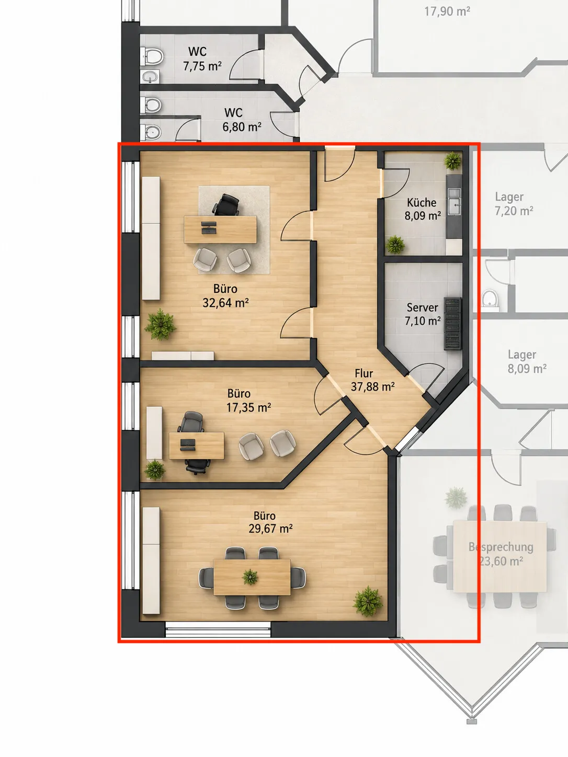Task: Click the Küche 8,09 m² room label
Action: tap(423, 209)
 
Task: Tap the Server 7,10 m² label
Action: tap(423, 314)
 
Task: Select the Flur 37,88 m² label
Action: tap(372, 380)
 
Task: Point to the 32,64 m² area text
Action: tap(225, 303)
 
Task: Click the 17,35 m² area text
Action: tap(248, 407)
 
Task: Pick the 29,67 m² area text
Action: tap(270, 529)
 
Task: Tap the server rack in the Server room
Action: tap(452, 323)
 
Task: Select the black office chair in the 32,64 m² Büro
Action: tap(226, 205)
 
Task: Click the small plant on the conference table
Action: tap(250, 577)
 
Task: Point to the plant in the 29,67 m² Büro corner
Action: tap(368, 601)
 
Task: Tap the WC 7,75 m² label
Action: tap(202, 59)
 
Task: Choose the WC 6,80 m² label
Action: tap(242, 120)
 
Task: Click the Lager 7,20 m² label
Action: tap(514, 204)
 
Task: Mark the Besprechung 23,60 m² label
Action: tap(501, 554)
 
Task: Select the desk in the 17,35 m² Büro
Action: tap(196, 445)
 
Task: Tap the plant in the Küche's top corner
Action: tap(452, 160)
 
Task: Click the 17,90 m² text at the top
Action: tap(447, 12)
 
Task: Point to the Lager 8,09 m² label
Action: tap(527, 361)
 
